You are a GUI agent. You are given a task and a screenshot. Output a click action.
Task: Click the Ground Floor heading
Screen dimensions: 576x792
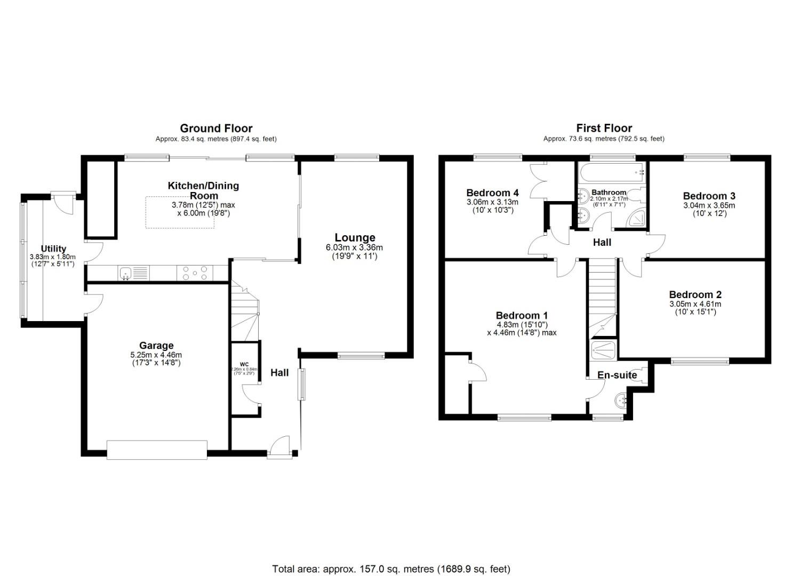tap(216, 128)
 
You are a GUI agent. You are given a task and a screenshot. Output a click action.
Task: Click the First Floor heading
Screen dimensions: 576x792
tap(604, 128)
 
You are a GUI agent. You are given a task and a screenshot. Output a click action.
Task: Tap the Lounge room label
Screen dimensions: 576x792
tap(355, 238)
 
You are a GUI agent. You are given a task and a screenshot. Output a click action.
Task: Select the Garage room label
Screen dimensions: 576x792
tap(156, 346)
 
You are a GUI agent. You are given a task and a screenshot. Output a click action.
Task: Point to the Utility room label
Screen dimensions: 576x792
tap(53, 249)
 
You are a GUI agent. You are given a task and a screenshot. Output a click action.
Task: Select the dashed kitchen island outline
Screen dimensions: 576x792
tap(180, 212)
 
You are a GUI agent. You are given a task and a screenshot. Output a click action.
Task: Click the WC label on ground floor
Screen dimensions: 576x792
tap(244, 364)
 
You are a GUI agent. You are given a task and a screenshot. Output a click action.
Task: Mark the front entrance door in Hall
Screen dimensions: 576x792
tap(279, 447)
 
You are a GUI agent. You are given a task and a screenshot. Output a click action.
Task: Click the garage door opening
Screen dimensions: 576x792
tap(157, 450)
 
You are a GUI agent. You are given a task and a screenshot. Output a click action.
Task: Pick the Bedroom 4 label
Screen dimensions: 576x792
tap(492, 193)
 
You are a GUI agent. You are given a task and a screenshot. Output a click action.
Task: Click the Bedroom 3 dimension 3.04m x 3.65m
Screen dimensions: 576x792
tap(709, 205)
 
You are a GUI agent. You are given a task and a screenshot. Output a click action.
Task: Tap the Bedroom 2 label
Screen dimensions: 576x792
tap(695, 294)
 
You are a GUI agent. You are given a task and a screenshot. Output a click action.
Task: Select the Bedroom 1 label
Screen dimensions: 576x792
tap(521, 315)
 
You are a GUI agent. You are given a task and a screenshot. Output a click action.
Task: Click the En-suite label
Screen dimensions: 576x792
tap(617, 375)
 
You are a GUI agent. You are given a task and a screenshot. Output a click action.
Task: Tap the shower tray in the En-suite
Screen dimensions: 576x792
tap(603, 350)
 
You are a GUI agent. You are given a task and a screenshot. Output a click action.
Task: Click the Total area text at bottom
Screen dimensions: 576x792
tap(391, 569)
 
